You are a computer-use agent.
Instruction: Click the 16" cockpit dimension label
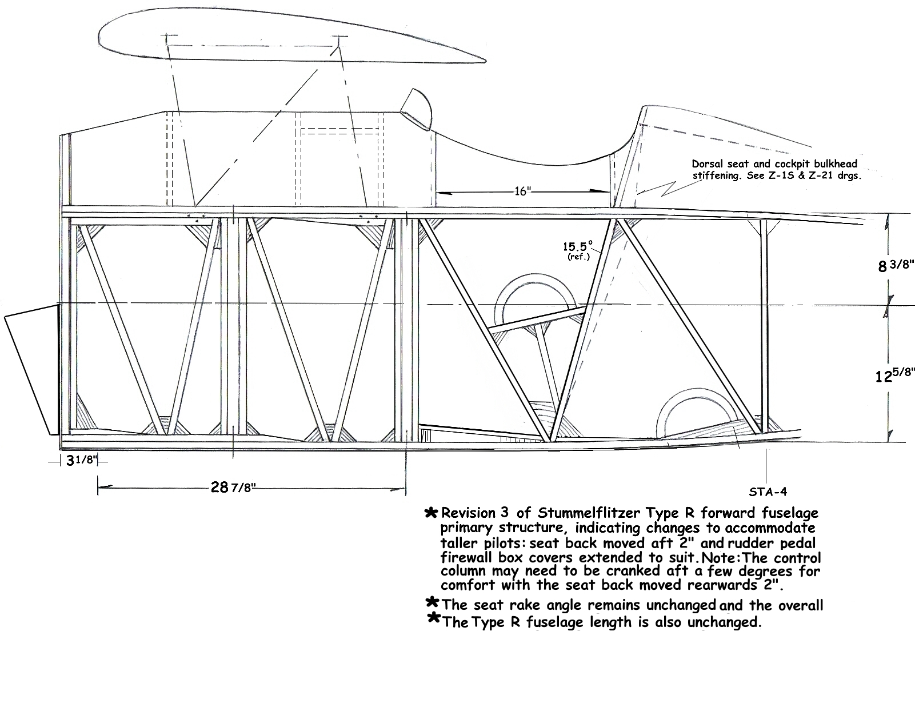[522, 191]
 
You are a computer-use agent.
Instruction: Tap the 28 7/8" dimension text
[233, 488]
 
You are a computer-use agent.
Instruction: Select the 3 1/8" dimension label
[82, 460]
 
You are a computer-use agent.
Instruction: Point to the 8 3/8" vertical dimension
[896, 266]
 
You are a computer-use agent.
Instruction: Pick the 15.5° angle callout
[578, 246]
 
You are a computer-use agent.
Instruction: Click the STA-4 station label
[768, 492]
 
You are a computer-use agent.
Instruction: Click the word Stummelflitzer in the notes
[589, 513]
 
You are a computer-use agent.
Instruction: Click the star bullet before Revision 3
[431, 513]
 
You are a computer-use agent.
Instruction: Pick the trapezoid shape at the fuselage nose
[31, 370]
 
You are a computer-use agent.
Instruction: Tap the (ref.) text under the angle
[578, 256]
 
